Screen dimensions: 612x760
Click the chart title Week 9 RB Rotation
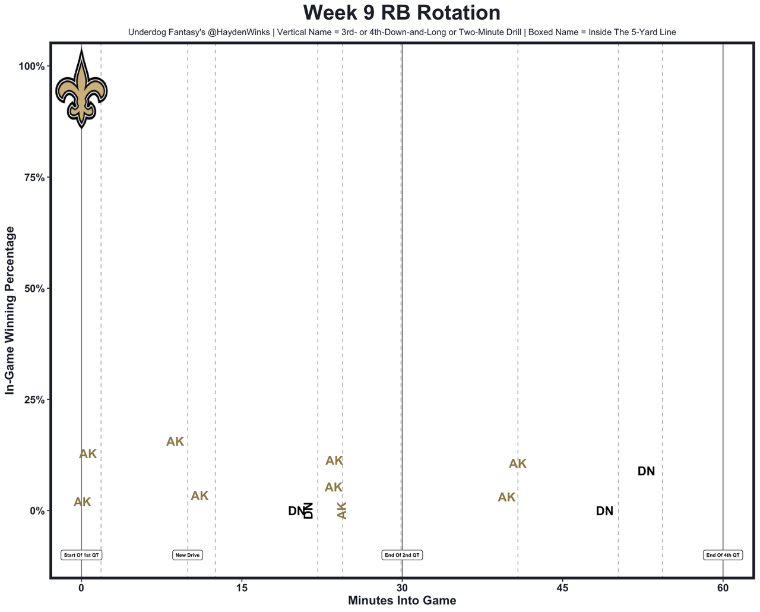tap(401, 13)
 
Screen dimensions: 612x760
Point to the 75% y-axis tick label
tap(33, 177)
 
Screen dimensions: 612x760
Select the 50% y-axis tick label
tap(33, 288)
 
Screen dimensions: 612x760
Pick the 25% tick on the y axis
tap(33, 399)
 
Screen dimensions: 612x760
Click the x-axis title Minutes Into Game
tap(401, 601)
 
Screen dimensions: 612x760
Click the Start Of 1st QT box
tap(81, 555)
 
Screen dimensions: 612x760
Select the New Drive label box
tap(188, 555)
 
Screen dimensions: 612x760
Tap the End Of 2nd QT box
tap(402, 555)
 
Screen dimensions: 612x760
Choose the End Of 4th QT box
tap(723, 555)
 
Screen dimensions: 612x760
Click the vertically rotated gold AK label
tap(342, 510)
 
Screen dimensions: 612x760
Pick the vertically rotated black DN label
tap(308, 510)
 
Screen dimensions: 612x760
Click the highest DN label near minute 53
tap(646, 471)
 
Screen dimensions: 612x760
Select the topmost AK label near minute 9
tap(175, 441)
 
